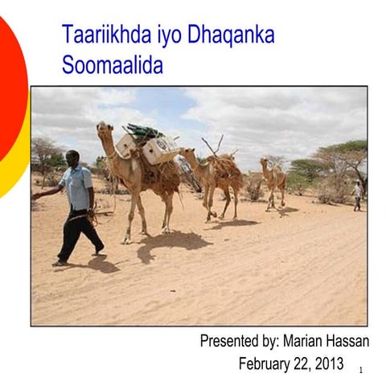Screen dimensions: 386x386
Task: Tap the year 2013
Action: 327,363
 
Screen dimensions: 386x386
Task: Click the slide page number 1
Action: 361,370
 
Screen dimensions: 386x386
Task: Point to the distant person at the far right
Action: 357,194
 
